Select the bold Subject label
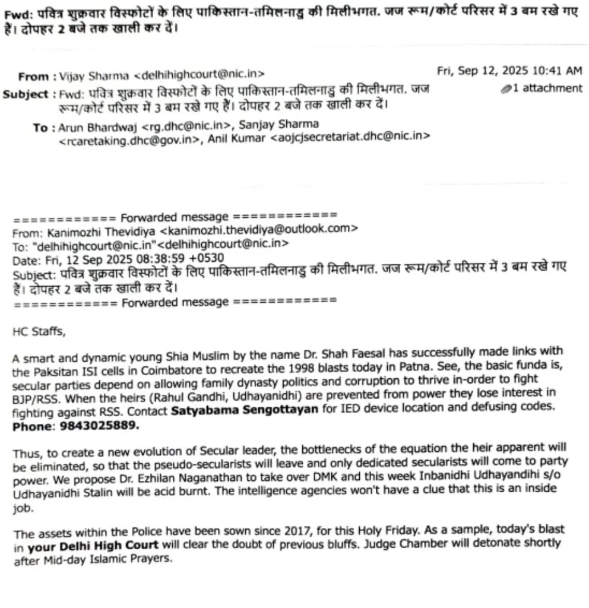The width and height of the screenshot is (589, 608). pyautogui.click(x=25, y=94)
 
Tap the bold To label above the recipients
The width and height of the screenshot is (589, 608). pyautogui.click(x=40, y=128)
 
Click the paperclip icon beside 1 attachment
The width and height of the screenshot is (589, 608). pyautogui.click(x=506, y=89)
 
